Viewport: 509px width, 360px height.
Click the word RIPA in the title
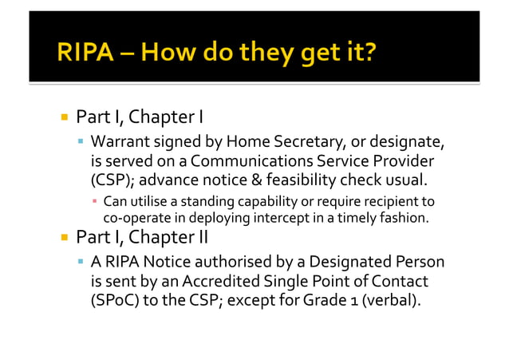click(x=86, y=55)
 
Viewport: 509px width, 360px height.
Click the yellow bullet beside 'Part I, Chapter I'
click(x=64, y=118)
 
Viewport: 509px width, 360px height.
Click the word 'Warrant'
click(x=120, y=143)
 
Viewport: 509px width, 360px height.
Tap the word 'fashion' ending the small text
click(x=406, y=216)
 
